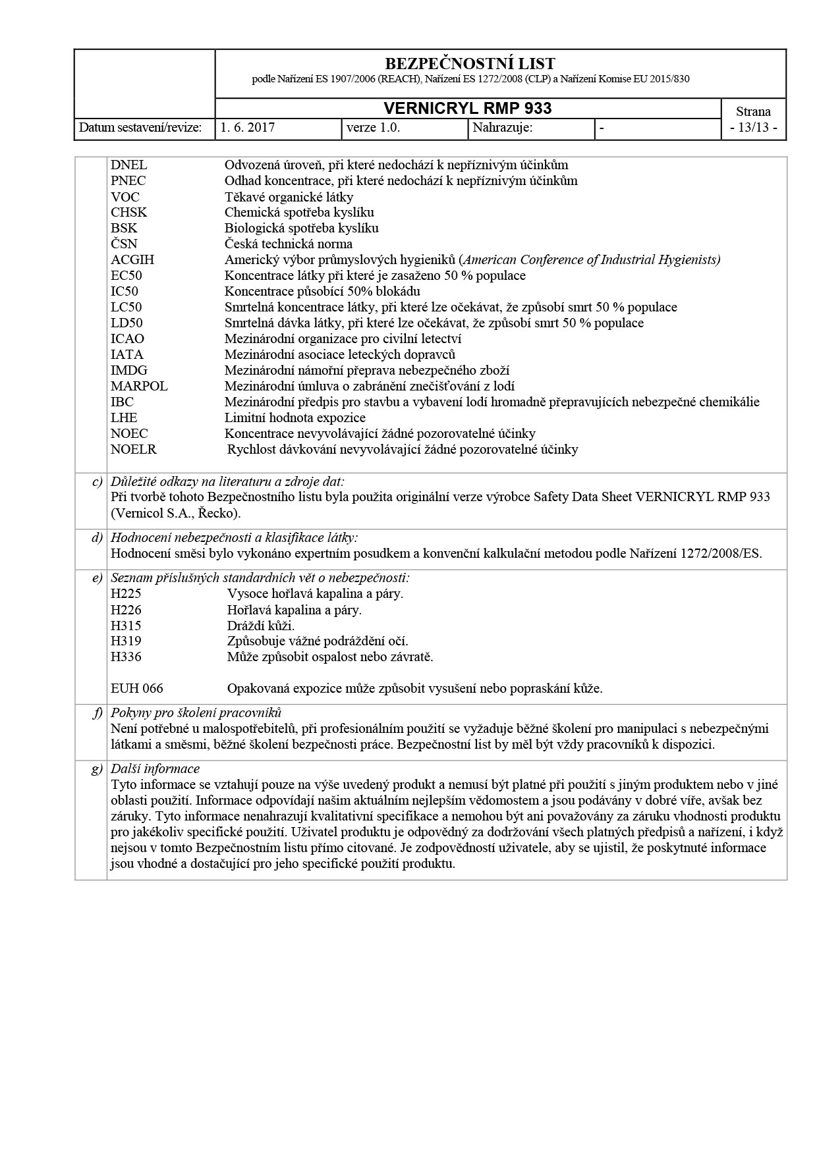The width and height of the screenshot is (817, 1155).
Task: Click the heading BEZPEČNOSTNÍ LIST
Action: (469, 64)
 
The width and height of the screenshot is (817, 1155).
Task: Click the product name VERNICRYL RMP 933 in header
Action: (468, 109)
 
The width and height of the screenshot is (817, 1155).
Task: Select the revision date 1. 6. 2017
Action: (248, 128)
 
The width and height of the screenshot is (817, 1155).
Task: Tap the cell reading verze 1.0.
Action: (373, 128)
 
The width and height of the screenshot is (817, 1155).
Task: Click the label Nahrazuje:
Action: (503, 128)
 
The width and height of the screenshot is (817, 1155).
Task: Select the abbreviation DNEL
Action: (129, 165)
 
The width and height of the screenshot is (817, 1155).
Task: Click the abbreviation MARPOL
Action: (139, 387)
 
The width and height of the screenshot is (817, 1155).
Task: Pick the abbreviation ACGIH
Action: (132, 260)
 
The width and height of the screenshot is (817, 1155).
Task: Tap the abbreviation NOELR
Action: (134, 450)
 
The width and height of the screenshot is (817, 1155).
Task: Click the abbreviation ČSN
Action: (124, 244)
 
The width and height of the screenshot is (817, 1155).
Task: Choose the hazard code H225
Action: (126, 594)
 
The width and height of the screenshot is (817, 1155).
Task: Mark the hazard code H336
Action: (126, 657)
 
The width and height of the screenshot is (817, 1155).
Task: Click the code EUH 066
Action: (137, 689)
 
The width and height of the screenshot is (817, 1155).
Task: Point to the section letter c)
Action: (97, 482)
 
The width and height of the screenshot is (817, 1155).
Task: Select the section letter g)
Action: (97, 769)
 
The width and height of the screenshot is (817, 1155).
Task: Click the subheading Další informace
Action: (155, 769)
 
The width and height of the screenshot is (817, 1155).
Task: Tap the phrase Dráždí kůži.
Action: (261, 626)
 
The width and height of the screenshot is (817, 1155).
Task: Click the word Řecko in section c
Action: (219, 513)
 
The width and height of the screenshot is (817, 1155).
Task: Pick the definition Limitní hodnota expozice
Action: (295, 418)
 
